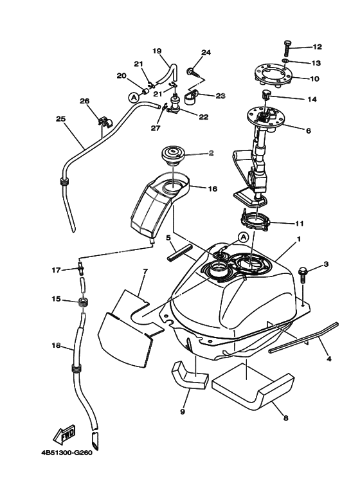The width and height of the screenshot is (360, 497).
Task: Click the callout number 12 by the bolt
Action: (317, 47)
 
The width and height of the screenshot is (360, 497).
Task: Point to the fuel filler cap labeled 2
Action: (174, 154)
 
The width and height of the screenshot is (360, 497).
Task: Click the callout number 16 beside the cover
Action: (195, 190)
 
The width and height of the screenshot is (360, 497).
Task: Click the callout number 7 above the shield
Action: (145, 271)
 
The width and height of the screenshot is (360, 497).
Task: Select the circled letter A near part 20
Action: (134, 98)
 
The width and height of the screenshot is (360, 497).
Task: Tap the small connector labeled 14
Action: (265, 97)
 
